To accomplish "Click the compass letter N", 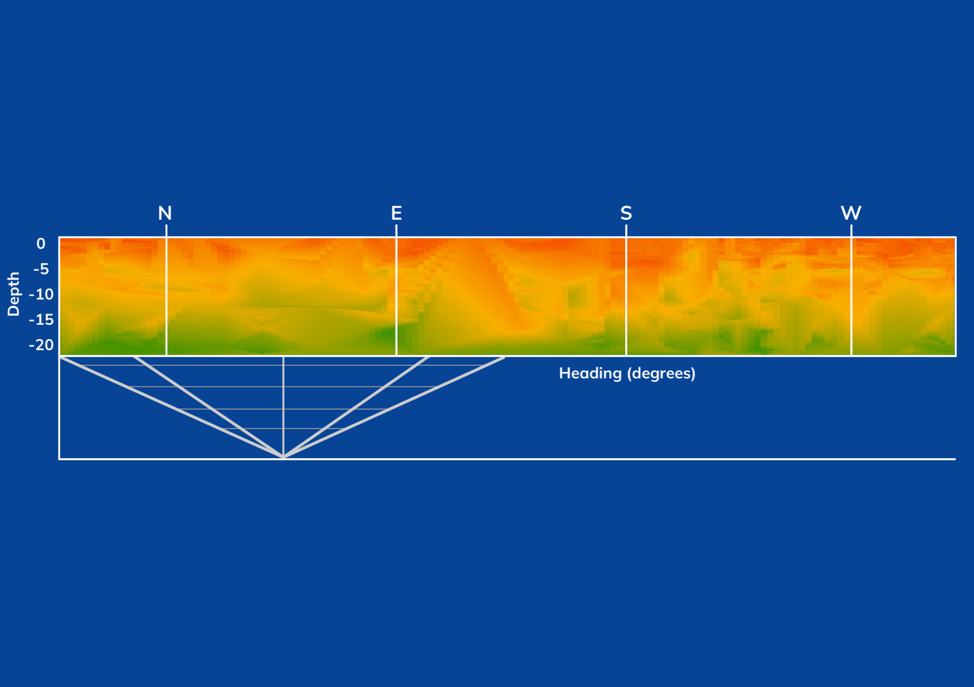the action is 165,213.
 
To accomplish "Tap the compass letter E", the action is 396,213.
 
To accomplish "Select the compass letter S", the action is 626,213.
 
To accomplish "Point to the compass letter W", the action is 851,213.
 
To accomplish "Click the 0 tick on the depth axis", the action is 41,244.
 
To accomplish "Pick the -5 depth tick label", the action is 41,269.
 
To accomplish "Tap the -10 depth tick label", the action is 41,294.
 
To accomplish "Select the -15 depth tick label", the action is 41,320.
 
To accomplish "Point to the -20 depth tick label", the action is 41,345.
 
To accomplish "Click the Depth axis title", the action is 14,294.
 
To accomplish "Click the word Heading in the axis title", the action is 590,373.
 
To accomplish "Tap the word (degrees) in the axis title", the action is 661,373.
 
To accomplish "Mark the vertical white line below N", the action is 167,290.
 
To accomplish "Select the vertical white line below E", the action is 396,290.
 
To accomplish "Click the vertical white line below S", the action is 626,290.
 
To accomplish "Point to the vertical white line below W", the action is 851,290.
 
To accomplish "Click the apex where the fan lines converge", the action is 284,457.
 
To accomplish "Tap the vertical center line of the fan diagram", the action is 284,406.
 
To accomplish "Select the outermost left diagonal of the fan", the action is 172,406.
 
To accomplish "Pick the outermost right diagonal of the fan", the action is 394,406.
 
